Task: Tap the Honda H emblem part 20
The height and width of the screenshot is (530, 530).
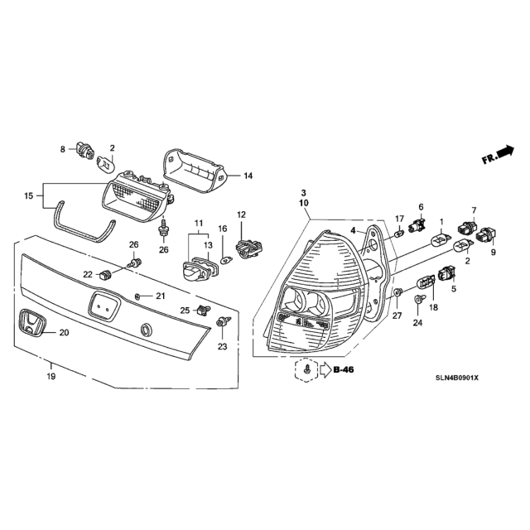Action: [32, 323]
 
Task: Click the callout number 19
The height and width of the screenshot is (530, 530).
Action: [51, 376]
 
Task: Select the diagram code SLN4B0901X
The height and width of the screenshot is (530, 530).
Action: [457, 378]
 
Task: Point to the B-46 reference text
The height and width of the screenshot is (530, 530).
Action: [344, 370]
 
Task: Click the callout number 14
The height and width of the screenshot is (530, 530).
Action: [248, 176]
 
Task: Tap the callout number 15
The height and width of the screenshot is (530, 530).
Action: [28, 195]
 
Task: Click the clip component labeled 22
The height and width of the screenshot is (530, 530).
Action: [105, 275]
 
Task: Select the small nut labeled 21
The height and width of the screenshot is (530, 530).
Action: [137, 296]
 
